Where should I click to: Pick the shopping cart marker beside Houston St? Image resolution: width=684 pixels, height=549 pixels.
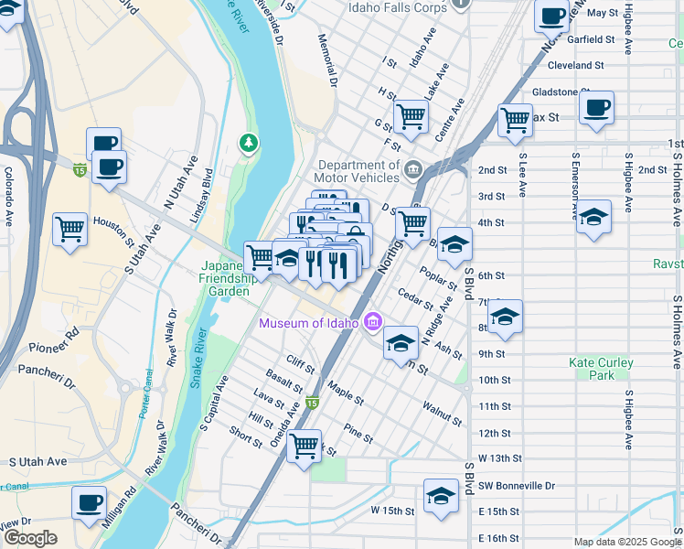pos(69,228)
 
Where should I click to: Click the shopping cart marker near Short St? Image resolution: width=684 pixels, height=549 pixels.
pos(305,447)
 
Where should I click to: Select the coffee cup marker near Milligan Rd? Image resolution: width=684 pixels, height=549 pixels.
pos(89,501)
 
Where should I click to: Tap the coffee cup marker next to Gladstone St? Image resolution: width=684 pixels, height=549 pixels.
pos(597,107)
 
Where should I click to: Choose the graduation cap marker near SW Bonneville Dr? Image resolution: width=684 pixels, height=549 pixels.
pos(442,497)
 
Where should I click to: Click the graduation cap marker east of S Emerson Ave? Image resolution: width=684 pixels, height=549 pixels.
pos(593,218)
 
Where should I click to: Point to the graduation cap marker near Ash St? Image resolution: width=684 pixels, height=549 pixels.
pos(400,342)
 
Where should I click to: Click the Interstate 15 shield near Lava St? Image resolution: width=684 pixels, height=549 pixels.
pos(313,403)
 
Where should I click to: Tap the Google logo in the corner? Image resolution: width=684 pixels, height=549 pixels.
pos(30,537)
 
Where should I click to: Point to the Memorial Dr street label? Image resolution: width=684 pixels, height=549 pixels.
pos(327,62)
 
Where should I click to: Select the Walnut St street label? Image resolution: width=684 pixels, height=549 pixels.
pos(443,413)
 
